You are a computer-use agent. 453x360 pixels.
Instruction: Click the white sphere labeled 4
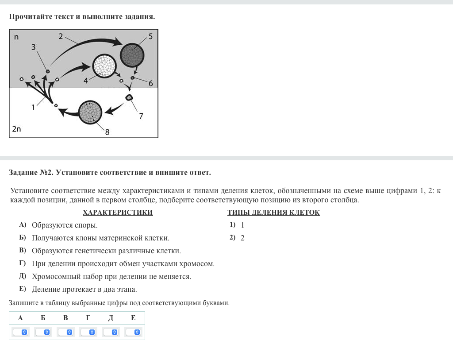click(x=104, y=66)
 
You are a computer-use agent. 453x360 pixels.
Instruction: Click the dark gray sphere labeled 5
click(x=132, y=55)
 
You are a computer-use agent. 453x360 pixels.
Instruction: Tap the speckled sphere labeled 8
click(x=90, y=112)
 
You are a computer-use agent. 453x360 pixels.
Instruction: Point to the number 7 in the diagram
click(x=141, y=116)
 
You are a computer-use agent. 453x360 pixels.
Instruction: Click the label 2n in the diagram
click(x=16, y=129)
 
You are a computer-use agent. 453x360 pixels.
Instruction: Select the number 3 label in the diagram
click(x=34, y=47)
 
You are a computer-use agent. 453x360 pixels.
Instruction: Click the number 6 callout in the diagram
click(x=150, y=84)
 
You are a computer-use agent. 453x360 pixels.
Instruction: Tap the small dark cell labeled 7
click(x=129, y=97)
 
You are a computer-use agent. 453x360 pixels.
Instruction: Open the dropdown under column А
click(x=20, y=332)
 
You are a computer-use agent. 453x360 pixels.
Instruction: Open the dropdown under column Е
click(x=133, y=332)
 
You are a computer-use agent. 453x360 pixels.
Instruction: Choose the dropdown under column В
click(x=65, y=332)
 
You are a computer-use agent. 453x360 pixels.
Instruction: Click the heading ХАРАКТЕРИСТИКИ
click(x=118, y=213)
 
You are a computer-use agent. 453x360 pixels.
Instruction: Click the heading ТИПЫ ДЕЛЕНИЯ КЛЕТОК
click(x=273, y=213)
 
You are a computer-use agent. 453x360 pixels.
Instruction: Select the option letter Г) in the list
click(x=23, y=263)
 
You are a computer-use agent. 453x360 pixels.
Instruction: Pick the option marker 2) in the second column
click(x=233, y=237)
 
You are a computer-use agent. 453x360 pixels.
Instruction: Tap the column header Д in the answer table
click(x=111, y=318)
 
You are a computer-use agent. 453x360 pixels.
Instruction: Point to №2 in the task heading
click(x=46, y=173)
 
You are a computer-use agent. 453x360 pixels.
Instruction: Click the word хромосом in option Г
click(x=197, y=264)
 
